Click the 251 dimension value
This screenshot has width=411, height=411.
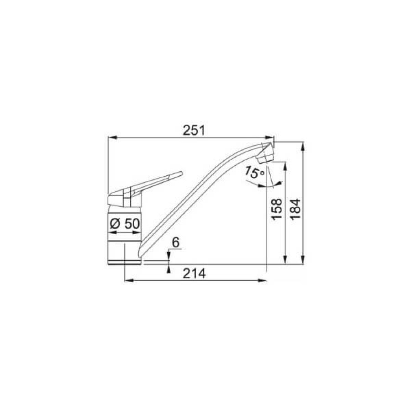click(x=194, y=130)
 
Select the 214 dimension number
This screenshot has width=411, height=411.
click(x=194, y=274)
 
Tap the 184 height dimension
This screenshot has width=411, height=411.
click(x=295, y=209)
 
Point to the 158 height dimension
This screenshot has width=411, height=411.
click(x=277, y=209)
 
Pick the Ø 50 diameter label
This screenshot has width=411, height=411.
click(x=125, y=224)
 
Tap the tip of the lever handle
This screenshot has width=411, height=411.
click(x=181, y=174)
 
